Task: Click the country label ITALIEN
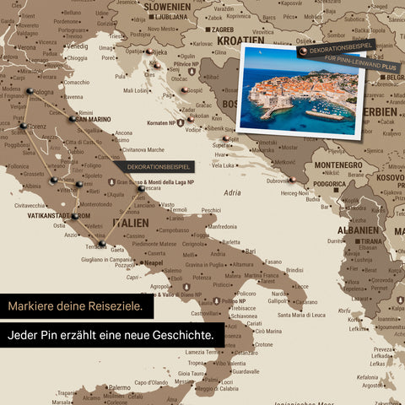click(x=130, y=222)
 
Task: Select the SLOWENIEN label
click(x=166, y=6)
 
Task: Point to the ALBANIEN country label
click(x=359, y=229)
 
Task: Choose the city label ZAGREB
click(x=223, y=29)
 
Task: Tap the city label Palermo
click(x=119, y=388)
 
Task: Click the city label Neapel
click(x=152, y=262)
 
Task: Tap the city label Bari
click(x=251, y=251)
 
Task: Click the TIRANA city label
click(x=371, y=240)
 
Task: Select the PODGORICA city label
click(x=331, y=185)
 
